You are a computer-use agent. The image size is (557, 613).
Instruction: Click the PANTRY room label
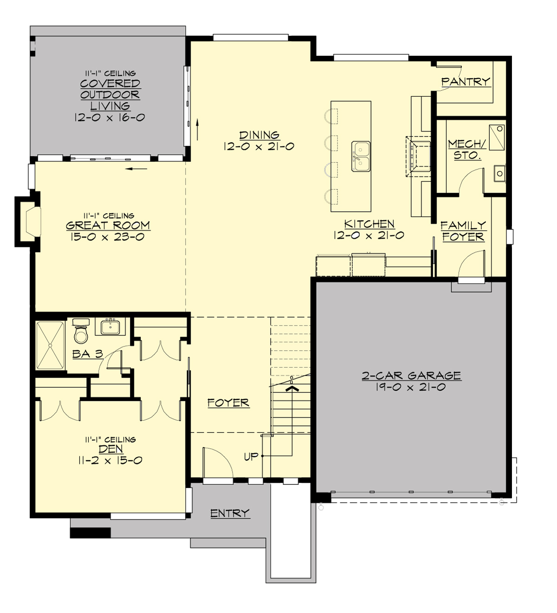click(465, 82)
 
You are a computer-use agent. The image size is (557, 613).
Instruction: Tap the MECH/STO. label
click(466, 150)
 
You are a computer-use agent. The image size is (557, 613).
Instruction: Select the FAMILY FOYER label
click(463, 231)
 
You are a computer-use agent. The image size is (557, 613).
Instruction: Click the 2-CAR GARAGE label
click(411, 375)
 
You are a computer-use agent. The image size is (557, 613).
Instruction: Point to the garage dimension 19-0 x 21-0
click(411, 387)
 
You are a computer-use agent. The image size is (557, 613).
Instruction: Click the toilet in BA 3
click(81, 331)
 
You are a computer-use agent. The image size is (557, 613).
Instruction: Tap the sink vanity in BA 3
click(110, 326)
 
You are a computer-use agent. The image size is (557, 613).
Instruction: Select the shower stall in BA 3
click(50, 345)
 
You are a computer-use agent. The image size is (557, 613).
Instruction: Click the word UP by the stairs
click(251, 456)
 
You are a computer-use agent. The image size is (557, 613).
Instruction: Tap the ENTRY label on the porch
click(230, 513)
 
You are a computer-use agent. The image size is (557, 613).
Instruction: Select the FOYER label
click(228, 403)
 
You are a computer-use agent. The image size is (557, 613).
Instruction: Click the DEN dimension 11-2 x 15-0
click(110, 461)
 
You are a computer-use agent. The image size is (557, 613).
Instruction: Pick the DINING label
click(259, 135)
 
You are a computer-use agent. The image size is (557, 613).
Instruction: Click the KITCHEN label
click(369, 224)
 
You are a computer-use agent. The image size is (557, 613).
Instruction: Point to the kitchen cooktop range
click(419, 157)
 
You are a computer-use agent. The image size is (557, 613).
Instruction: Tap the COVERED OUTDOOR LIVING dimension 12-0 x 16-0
click(110, 117)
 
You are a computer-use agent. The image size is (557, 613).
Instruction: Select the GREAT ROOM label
click(108, 226)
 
